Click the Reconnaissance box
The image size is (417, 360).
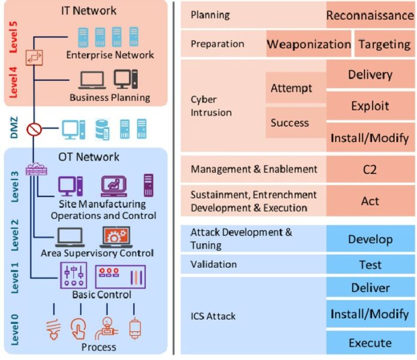click(370, 16)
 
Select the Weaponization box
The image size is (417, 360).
click(308, 44)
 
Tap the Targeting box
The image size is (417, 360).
click(385, 44)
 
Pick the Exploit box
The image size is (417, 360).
click(370, 106)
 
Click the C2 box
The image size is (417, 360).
click(370, 170)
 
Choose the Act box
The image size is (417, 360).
click(370, 201)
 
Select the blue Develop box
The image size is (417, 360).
click(370, 240)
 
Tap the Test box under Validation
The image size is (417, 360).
click(370, 265)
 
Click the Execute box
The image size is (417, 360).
click(370, 343)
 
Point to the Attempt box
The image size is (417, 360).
click(292, 89)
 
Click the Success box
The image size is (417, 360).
click(290, 123)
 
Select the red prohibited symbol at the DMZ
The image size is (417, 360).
click(35, 128)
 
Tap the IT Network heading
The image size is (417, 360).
click(89, 10)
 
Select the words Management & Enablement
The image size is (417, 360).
click(253, 170)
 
